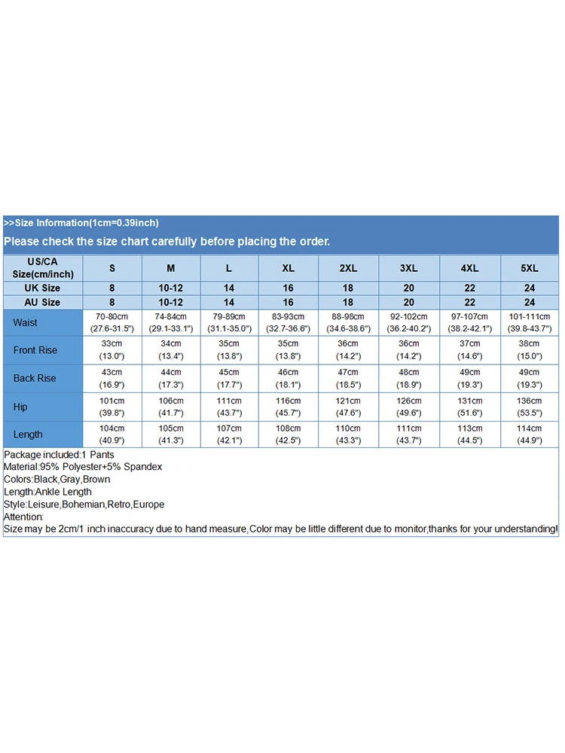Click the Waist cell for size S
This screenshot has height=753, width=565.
[x=112, y=323]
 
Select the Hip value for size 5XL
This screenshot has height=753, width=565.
[x=530, y=407]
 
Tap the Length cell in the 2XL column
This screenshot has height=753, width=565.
[x=347, y=434]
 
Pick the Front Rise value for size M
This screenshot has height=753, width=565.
[x=171, y=350]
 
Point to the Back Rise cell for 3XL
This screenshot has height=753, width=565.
[x=409, y=378]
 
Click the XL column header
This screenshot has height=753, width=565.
[x=289, y=268]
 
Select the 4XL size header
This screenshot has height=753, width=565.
[x=469, y=268]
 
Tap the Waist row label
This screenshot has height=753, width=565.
[x=25, y=323]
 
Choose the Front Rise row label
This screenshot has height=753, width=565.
[x=35, y=350]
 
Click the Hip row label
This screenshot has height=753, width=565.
[x=20, y=407]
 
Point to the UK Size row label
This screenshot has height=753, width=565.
[x=42, y=288]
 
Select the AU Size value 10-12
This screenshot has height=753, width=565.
[x=171, y=302]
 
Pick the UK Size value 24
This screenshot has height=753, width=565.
[x=530, y=288]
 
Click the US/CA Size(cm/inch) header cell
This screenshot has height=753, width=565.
[x=42, y=268]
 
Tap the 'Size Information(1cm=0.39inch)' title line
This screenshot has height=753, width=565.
[x=81, y=223]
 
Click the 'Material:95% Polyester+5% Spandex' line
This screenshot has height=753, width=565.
[x=83, y=467]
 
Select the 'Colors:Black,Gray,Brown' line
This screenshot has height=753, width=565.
[x=57, y=479]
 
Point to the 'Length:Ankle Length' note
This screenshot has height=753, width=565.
[x=47, y=492]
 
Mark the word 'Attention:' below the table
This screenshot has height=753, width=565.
[x=24, y=517]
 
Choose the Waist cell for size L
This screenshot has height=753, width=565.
[x=229, y=323]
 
